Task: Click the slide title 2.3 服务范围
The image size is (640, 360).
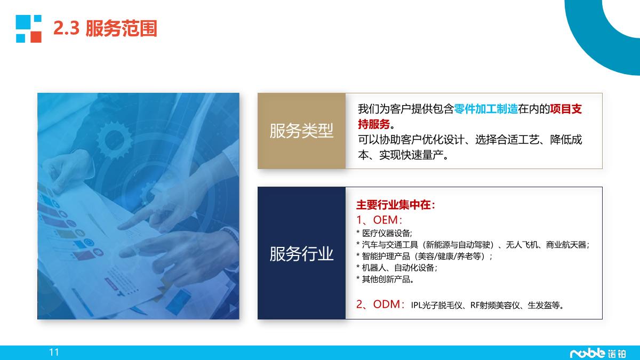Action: point(105,29)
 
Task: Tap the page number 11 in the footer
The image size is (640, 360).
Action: point(53,352)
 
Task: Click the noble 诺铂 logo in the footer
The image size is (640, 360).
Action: point(598,353)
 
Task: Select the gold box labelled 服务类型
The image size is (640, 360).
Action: point(301,131)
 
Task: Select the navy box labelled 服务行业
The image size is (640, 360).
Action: point(301,253)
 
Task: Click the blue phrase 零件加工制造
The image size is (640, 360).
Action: point(486,109)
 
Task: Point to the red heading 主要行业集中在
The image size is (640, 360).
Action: point(395,205)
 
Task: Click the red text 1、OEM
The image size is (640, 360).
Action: point(378,219)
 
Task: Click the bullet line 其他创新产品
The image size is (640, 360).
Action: point(385,279)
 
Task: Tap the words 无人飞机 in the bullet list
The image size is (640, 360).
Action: point(521,245)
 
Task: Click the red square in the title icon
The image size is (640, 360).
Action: point(36,37)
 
